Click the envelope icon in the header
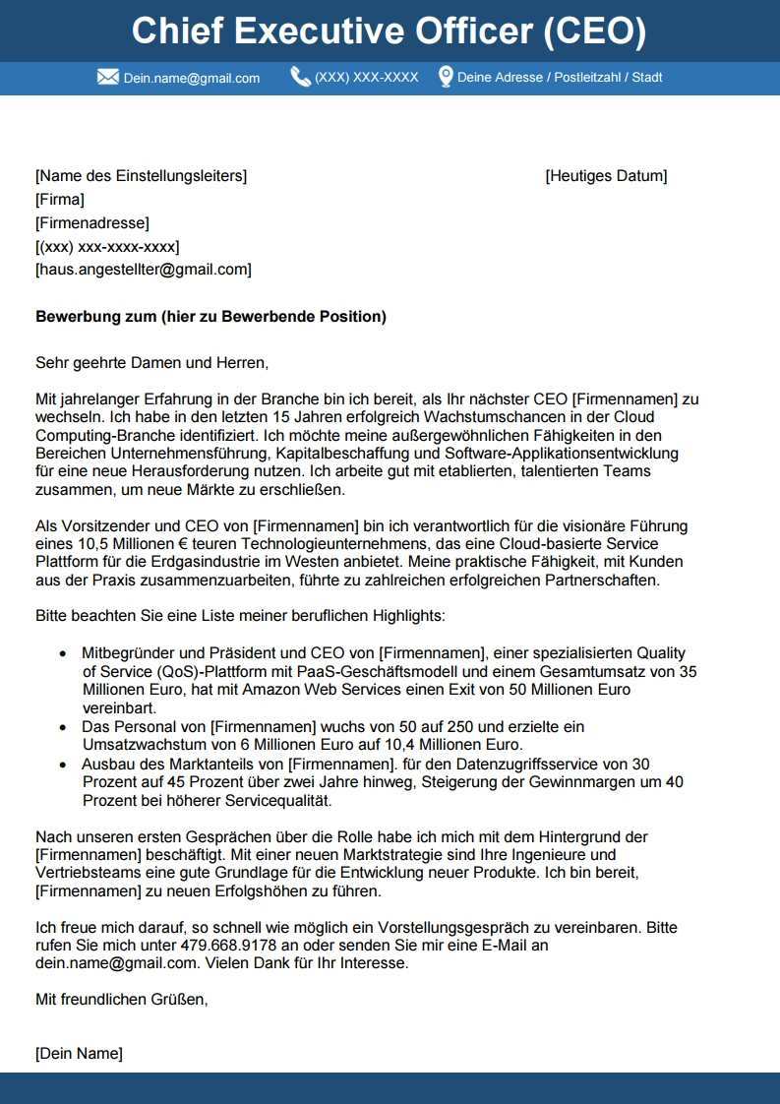(x=107, y=77)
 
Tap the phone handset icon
(x=300, y=77)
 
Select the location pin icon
(x=446, y=77)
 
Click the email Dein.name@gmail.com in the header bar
(x=192, y=78)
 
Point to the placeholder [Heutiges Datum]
(x=606, y=176)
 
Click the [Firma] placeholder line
(x=60, y=200)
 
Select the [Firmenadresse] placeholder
(x=92, y=223)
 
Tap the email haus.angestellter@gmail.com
(x=144, y=270)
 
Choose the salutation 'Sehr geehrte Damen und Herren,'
(x=151, y=363)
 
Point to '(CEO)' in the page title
(x=594, y=31)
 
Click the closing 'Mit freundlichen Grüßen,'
(x=122, y=999)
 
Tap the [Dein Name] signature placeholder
(x=79, y=1054)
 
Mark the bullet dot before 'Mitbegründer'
(x=64, y=653)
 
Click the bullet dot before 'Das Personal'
(x=64, y=727)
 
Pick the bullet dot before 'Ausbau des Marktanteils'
(x=64, y=765)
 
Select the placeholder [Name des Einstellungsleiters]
(x=142, y=176)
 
